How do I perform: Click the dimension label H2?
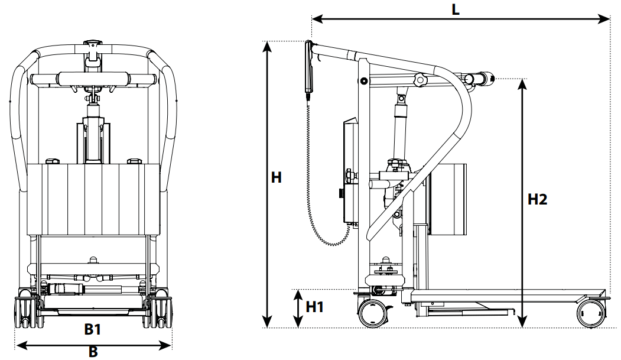click(537, 200)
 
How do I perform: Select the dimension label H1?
click(315, 307)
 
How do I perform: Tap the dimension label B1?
click(92, 330)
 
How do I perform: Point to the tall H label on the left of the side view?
click(277, 178)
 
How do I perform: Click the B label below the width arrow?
click(93, 352)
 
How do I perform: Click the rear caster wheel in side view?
click(373, 311)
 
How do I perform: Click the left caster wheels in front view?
click(26, 312)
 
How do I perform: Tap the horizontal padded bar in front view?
click(93, 79)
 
